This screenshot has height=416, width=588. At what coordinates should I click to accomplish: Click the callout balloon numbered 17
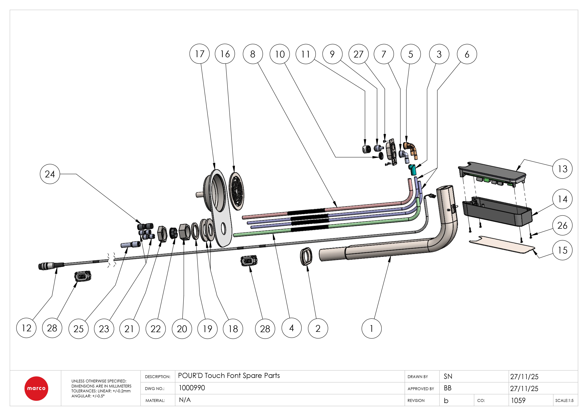point(199,54)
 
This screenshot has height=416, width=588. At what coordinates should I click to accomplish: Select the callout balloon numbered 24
point(50,174)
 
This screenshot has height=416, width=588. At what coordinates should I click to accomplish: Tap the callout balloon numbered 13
point(563,169)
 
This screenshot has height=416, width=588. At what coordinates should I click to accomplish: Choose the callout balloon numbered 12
point(26,328)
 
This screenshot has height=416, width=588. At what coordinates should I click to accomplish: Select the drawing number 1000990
point(192,388)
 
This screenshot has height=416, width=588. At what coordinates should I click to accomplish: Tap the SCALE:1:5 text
point(564,400)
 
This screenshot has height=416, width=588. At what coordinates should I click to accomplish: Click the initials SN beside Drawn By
point(448,376)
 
